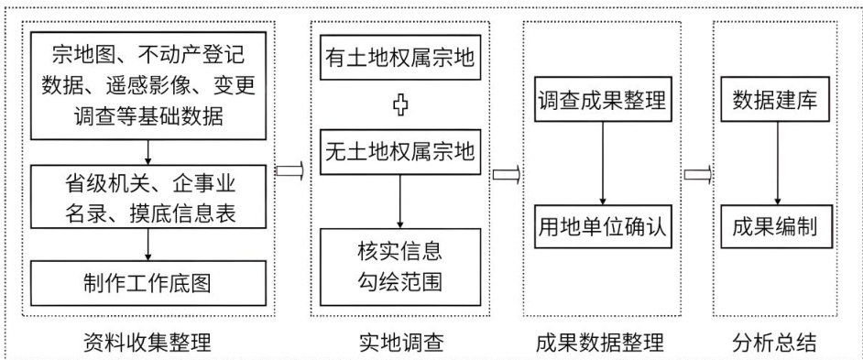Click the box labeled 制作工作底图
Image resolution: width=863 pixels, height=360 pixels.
148,283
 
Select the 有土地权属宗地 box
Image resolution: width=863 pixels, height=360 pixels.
400,58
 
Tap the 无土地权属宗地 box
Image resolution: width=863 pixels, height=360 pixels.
400,151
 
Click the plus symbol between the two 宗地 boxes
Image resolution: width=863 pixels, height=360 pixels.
400,105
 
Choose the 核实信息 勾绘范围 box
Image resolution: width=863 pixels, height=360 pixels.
400,267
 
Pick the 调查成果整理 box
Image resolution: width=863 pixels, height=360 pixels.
602,101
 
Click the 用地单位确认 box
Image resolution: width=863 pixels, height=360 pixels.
602,227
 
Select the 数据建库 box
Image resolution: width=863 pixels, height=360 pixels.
778,101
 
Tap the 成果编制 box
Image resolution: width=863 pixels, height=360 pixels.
778,227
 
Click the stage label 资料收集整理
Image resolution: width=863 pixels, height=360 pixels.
147,343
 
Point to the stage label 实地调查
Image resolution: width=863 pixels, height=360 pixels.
400,343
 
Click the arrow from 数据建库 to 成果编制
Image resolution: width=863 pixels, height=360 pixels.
778,163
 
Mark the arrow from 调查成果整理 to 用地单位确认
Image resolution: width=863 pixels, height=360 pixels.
603,163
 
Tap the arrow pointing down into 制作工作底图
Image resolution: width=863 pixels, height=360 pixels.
147,245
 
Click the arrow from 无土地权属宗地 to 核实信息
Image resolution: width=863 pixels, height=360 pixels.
400,201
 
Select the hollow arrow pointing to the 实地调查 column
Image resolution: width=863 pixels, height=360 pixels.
289,170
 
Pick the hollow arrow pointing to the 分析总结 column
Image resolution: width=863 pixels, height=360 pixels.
698,174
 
